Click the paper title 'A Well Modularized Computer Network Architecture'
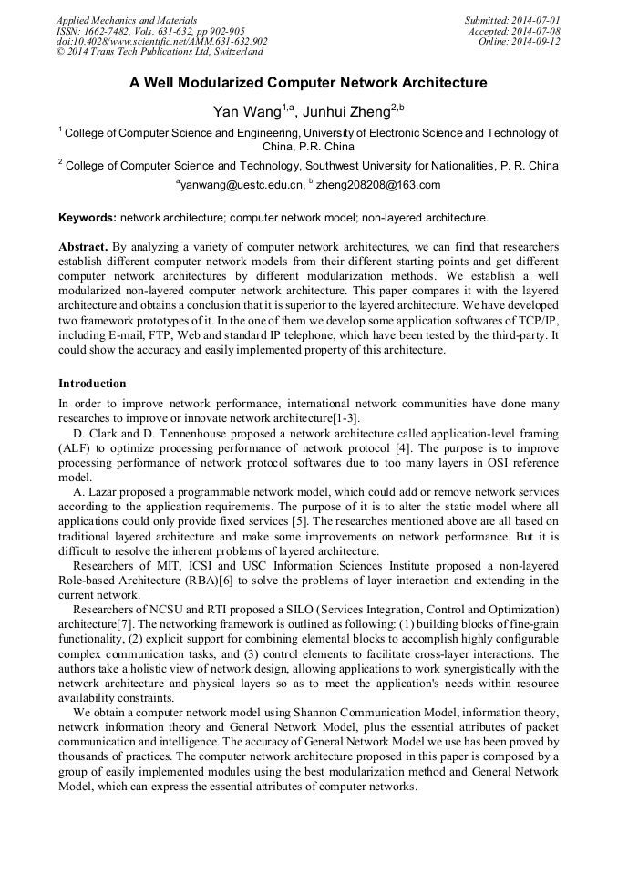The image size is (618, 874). click(308, 83)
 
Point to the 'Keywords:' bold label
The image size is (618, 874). click(88, 218)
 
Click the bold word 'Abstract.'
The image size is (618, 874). click(82, 247)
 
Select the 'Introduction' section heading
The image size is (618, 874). click(92, 384)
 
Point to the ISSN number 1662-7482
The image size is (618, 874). click(108, 31)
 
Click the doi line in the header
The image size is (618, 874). click(161, 42)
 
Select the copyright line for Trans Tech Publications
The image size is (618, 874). click(160, 52)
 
